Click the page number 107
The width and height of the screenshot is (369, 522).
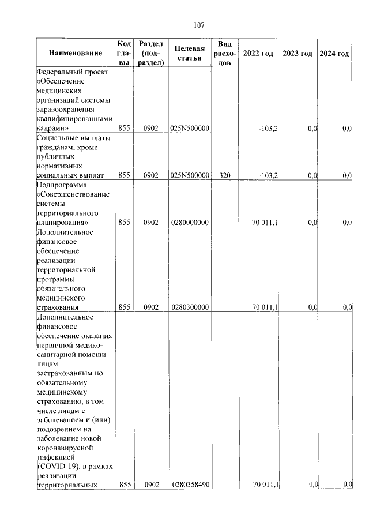199,25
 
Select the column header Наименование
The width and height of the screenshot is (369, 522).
76,53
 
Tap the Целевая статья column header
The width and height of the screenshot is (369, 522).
190,53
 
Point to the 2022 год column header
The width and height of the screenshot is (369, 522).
258,53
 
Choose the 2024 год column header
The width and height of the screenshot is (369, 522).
334,53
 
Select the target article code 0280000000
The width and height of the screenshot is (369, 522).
190,222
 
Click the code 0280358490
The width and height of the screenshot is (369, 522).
190,485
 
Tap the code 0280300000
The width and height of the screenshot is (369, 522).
190,307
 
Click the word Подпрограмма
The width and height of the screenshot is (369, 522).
61,185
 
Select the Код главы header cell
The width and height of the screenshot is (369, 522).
124,53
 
